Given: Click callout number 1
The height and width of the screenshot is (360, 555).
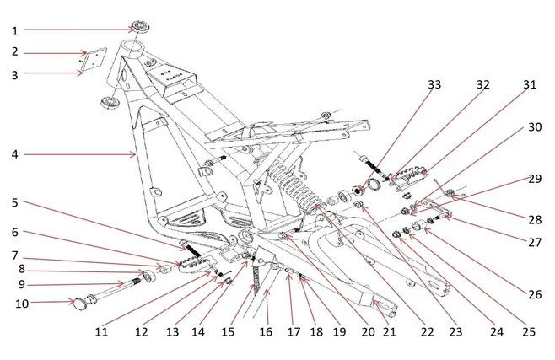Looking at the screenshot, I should (x=15, y=30).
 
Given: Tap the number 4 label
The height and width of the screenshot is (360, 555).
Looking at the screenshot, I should (x=15, y=155).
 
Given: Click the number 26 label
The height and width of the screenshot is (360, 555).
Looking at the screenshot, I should (x=533, y=295).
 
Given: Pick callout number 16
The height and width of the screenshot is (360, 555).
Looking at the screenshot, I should (x=267, y=332).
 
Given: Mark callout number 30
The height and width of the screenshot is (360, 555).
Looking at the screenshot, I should (x=534, y=128).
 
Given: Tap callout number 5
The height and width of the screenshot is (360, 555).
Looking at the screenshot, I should (x=15, y=202).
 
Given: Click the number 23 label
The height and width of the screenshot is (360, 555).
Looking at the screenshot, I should (x=456, y=332).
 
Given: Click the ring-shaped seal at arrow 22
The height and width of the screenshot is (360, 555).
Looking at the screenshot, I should (x=369, y=185).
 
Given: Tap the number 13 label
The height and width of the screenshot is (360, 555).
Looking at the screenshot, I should (x=172, y=332).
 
